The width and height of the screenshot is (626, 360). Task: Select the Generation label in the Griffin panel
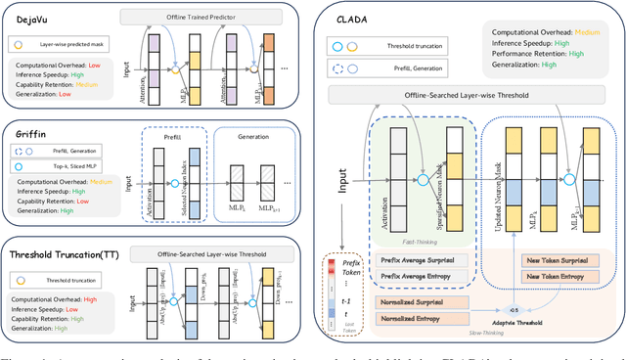click(x=255, y=137)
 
